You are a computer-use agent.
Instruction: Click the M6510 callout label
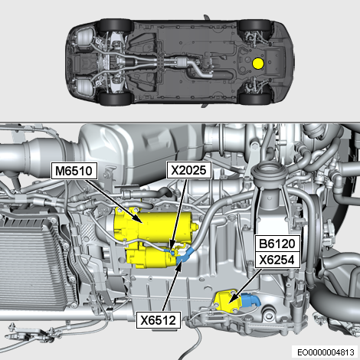click(x=74, y=171)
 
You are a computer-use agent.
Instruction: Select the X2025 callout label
click(x=188, y=170)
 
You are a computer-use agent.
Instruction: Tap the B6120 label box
click(x=277, y=244)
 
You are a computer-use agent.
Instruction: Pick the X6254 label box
click(x=277, y=260)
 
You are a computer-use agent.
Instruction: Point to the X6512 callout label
click(x=159, y=320)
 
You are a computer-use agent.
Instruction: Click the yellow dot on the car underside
click(x=257, y=64)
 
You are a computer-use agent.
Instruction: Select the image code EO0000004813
click(x=326, y=352)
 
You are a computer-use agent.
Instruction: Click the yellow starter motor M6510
click(x=151, y=235)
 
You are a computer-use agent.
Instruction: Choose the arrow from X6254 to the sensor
click(x=245, y=286)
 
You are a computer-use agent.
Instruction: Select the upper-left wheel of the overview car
click(x=116, y=25)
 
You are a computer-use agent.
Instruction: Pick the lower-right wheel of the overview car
click(x=255, y=98)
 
